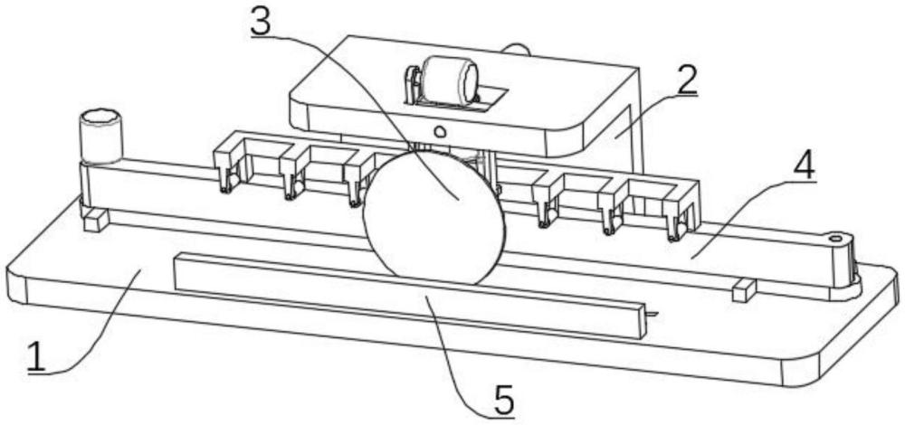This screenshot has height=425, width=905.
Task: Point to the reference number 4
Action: coord(802,165)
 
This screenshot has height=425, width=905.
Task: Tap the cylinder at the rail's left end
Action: coord(101,136)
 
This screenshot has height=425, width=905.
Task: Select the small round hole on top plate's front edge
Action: coord(440,131)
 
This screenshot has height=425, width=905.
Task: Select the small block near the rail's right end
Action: coord(742,290)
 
